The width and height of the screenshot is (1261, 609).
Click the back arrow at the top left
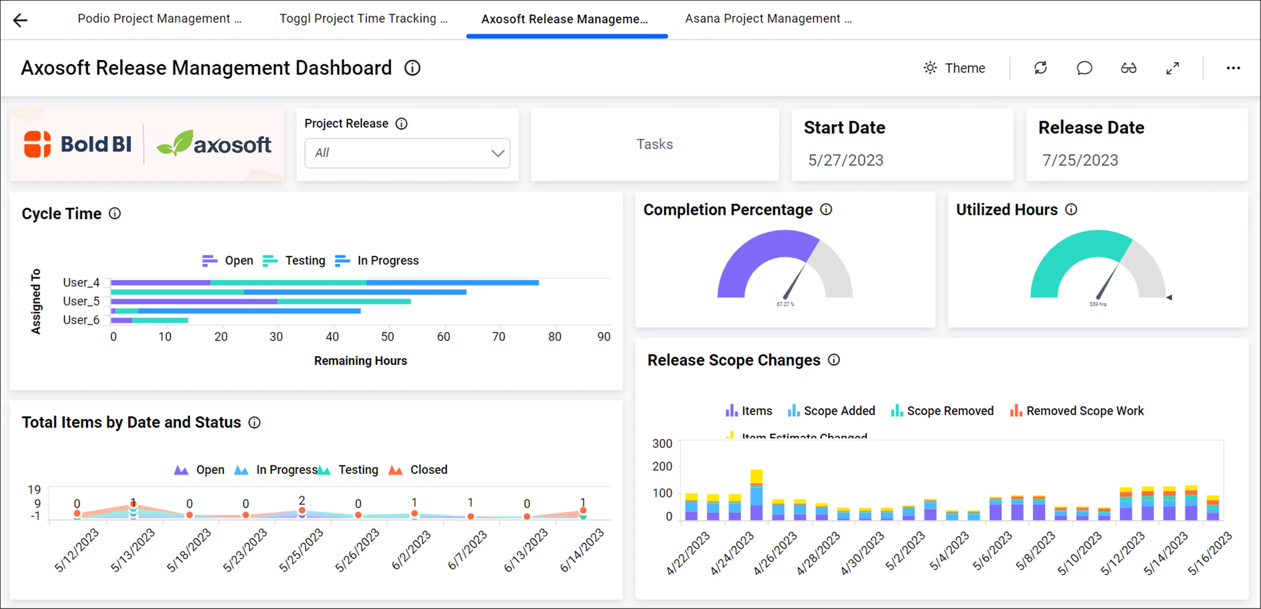click(x=20, y=20)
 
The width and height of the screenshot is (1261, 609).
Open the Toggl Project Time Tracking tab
click(x=363, y=19)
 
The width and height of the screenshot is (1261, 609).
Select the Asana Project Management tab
click(x=768, y=19)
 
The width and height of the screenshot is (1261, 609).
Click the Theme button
click(x=955, y=68)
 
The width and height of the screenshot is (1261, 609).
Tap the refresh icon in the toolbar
click(x=1040, y=68)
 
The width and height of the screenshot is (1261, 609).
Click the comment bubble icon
click(x=1084, y=68)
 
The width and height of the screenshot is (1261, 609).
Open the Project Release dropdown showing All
click(x=407, y=153)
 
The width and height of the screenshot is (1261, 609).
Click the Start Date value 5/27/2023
click(x=845, y=160)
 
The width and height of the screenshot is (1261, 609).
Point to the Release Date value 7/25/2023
click(x=1080, y=160)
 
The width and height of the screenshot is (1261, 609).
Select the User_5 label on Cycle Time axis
click(x=81, y=301)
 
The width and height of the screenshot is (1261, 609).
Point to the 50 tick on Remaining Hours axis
click(x=387, y=337)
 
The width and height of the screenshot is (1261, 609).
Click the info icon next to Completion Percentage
click(x=826, y=209)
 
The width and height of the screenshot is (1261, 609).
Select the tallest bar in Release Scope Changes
click(x=756, y=495)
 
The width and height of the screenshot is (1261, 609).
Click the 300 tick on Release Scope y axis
click(x=662, y=444)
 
